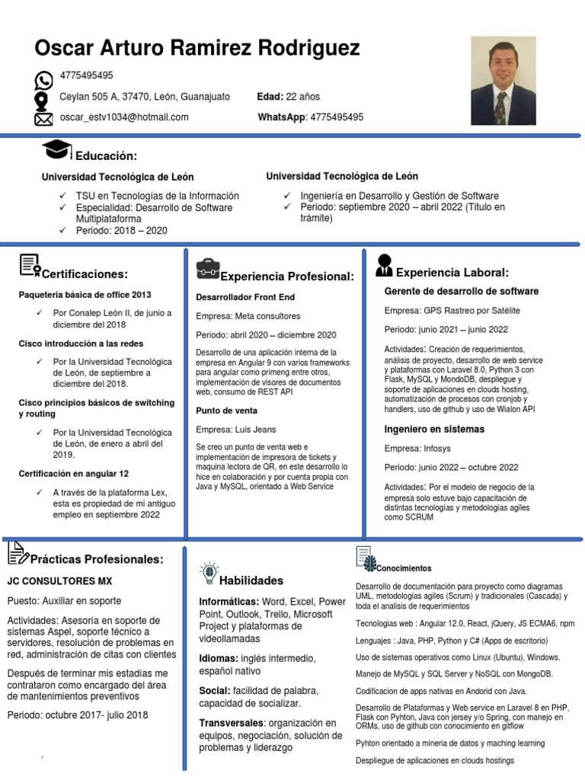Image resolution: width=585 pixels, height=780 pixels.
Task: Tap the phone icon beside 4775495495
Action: point(44,80)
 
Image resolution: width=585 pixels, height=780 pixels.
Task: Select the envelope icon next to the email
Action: point(44,119)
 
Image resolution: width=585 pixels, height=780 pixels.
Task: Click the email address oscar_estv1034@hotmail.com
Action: point(124,117)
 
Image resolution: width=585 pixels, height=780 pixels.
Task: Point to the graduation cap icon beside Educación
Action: point(58,150)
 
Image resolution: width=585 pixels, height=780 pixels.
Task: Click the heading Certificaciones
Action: point(85,274)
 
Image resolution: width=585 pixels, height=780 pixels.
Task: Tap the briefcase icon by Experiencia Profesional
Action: point(207,269)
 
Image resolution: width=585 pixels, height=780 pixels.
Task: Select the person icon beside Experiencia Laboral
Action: point(384,266)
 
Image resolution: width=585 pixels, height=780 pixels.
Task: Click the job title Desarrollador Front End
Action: point(245,297)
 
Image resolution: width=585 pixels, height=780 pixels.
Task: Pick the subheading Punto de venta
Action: point(227,410)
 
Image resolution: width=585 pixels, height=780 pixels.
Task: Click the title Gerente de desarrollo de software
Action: point(462,291)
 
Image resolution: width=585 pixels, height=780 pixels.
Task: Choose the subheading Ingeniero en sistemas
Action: point(434,429)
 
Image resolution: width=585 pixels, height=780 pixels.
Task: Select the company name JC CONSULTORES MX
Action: point(59,580)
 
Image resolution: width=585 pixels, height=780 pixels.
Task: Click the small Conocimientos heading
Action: point(404,568)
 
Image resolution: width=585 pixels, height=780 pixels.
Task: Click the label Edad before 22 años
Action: point(270,97)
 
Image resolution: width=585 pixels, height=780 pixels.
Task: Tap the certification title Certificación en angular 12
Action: point(74,474)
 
